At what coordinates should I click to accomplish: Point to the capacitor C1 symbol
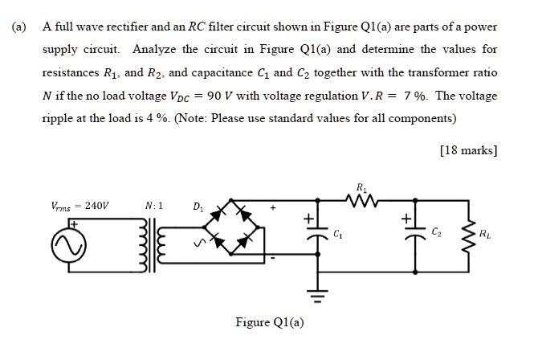pos(308,233)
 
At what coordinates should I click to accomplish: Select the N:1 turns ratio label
pos(155,205)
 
